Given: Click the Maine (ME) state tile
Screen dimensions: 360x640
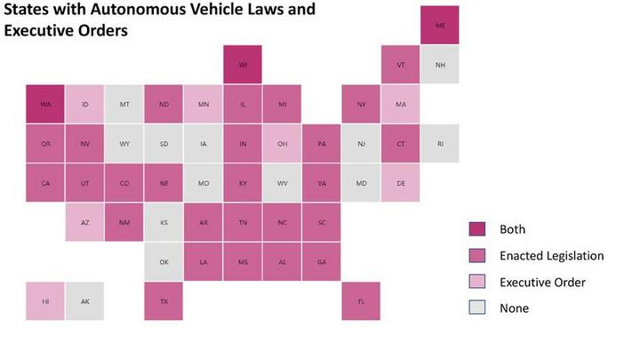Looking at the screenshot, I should [439, 25].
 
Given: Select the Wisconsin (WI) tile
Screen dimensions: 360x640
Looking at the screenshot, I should [243, 65].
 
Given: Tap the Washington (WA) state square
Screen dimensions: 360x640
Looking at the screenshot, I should [45, 104].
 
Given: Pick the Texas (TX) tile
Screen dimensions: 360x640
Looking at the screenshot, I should [164, 300].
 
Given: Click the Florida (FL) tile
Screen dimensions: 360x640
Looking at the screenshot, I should [361, 300].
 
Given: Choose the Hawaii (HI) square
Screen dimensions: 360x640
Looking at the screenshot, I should [45, 300].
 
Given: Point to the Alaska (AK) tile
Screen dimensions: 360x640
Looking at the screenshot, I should [85, 300].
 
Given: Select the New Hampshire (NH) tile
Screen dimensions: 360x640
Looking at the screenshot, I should [439, 65].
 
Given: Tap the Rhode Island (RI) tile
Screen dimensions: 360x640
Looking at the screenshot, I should [439, 143].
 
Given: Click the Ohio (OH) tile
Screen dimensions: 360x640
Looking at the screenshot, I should [282, 143].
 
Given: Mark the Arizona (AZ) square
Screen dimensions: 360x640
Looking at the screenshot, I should [85, 222].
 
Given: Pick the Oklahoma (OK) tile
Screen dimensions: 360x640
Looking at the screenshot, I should [164, 261].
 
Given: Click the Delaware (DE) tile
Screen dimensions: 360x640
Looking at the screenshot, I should [400, 183].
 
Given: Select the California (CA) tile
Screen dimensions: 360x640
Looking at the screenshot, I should [45, 183].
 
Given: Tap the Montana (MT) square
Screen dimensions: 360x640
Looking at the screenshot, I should [124, 104].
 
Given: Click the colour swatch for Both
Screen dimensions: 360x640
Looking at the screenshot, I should [476, 229].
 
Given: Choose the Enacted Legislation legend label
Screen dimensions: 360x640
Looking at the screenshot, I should [551, 256].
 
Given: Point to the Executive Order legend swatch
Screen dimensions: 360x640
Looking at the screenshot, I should [476, 282].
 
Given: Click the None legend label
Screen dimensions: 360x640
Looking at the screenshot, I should [514, 308].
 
